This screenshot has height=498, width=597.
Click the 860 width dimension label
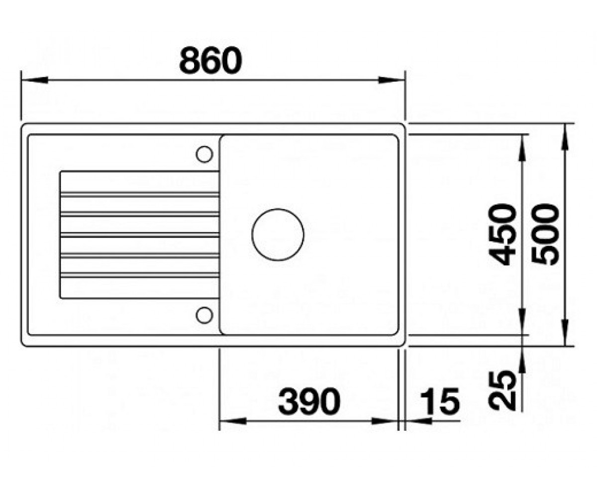tap(210, 60)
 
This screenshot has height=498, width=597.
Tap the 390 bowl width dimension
tap(309, 401)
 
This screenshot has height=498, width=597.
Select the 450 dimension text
tap(502, 235)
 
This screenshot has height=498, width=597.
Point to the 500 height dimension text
tap(545, 235)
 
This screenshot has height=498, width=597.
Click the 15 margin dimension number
tap(440, 401)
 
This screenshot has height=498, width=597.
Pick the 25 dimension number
tap(502, 390)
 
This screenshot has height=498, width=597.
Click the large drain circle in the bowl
tap(278, 235)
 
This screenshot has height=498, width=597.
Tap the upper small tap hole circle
tap(204, 154)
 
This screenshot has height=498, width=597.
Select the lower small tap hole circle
tap(204, 315)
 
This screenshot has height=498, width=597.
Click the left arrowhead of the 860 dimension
tap(34, 80)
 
